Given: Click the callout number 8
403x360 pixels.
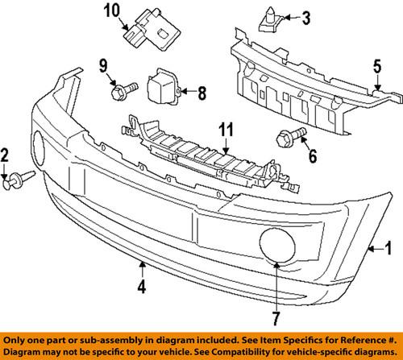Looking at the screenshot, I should pos(201,91).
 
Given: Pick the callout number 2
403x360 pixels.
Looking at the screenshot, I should pos(5,155).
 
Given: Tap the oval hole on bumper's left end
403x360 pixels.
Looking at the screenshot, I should pos(38,147).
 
